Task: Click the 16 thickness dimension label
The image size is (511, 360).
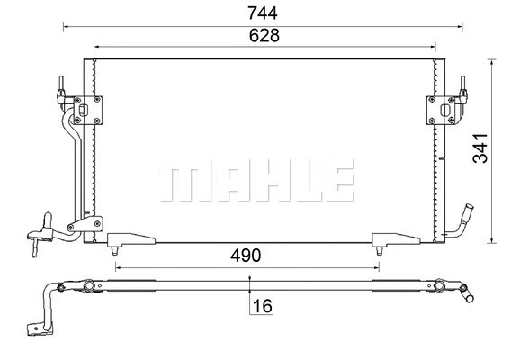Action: pyautogui.click(x=263, y=307)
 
